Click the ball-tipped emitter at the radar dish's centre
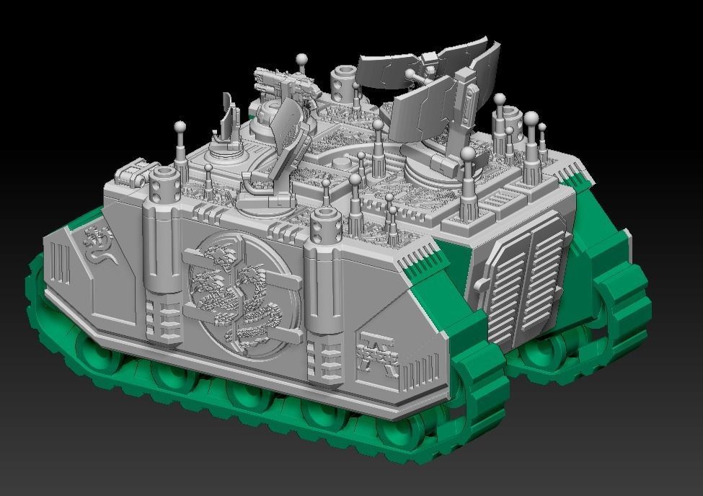(410, 74)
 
